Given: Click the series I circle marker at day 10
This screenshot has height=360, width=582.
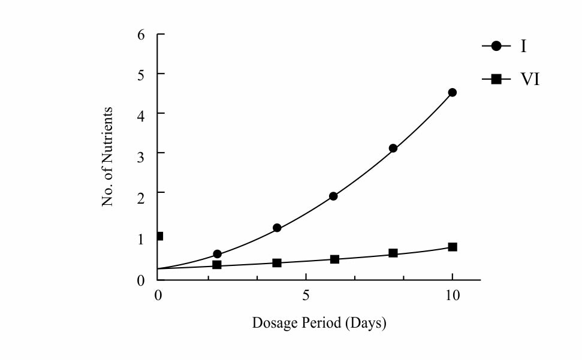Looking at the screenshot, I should click(453, 92).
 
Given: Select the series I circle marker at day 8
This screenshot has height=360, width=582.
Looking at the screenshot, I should click(393, 148).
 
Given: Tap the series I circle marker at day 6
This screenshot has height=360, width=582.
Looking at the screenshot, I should click(333, 196).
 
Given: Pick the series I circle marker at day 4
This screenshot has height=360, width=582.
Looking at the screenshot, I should click(277, 228).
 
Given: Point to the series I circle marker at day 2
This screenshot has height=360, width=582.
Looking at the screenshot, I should click(217, 254).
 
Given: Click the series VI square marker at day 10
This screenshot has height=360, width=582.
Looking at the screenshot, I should click(453, 247).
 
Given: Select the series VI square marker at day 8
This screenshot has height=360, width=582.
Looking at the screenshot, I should click(393, 253).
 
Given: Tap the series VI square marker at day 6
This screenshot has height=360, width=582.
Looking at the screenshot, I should click(334, 259).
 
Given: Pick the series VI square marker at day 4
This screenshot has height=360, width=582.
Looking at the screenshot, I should click(277, 263).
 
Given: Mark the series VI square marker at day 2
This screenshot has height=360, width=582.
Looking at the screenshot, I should click(217, 265).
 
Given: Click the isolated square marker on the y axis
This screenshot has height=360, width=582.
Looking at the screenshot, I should click(159, 236).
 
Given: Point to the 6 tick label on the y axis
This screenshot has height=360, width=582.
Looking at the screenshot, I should click(141, 35).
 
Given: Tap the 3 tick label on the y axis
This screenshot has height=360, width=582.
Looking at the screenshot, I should click(141, 153).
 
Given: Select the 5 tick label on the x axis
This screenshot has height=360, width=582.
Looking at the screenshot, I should click(306, 295).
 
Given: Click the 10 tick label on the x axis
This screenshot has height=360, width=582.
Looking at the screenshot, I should click(453, 295).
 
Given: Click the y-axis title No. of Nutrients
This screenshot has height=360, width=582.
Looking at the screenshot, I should click(108, 157).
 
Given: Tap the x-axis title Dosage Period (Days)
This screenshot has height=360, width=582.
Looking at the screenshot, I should click(319, 323).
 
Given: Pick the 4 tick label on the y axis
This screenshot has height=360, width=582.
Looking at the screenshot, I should click(141, 114).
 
